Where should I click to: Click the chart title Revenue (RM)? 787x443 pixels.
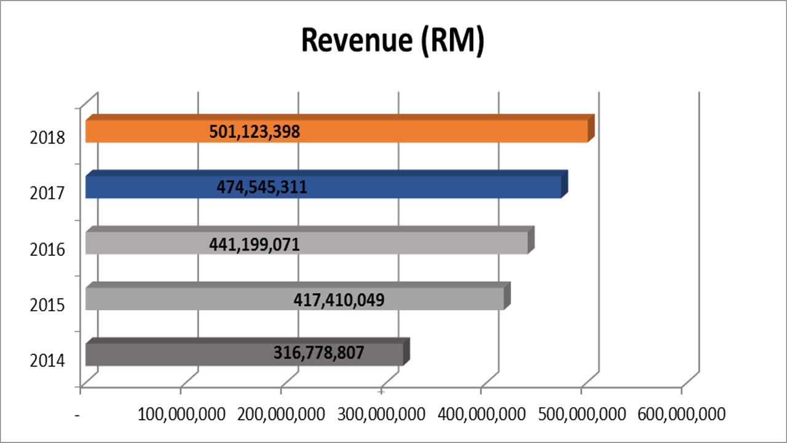tap(392, 41)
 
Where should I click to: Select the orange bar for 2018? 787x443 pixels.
tap(430, 132)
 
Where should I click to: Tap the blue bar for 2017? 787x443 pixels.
tap(430, 187)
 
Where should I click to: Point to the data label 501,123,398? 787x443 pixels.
tap(255, 132)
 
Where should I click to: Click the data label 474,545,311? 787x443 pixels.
tap(262, 187)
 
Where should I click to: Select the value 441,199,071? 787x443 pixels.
tap(255, 244)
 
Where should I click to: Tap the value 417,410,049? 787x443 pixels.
tap(339, 300)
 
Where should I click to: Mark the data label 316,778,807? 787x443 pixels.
tap(318, 354)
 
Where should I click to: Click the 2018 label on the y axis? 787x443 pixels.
tap(47, 137)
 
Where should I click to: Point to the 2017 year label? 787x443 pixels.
tap(47, 193)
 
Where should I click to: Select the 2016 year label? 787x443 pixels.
tap(47, 249)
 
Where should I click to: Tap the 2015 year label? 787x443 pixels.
tap(47, 305)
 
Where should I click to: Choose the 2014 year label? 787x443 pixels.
tap(47, 360)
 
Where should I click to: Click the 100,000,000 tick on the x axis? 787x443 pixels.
tap(181, 413)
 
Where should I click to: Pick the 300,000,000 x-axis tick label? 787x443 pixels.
tap(381, 413)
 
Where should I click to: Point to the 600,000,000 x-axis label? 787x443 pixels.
tap(681, 413)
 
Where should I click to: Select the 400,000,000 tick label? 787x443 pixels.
tap(481, 413)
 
